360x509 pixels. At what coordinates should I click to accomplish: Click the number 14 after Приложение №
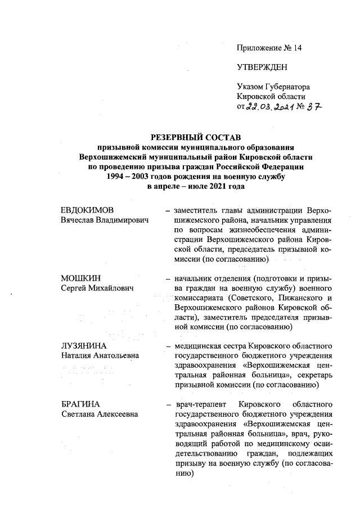click(296, 48)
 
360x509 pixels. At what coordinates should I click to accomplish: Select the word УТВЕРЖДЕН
click(262, 67)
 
